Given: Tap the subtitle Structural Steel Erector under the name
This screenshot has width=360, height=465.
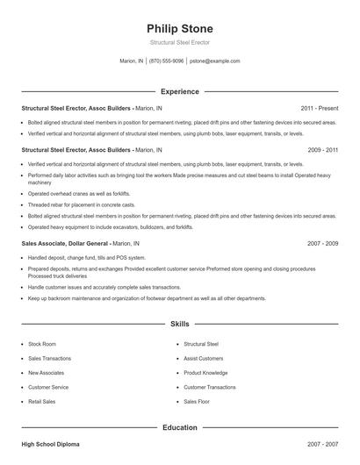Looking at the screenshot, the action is click(x=179, y=42).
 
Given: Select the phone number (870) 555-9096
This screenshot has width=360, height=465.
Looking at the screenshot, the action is click(x=167, y=61).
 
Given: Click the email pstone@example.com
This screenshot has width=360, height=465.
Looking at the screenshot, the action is click(x=214, y=61).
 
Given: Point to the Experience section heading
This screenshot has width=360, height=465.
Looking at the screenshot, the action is click(x=180, y=91).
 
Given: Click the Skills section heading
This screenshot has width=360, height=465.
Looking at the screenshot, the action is click(x=180, y=324).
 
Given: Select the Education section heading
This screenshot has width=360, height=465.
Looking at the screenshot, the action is click(x=180, y=427).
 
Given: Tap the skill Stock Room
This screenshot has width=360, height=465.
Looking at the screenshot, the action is click(x=42, y=345).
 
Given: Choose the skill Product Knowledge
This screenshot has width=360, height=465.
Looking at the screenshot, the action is click(x=204, y=373).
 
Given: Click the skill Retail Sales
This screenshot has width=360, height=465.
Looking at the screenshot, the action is click(x=42, y=401).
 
